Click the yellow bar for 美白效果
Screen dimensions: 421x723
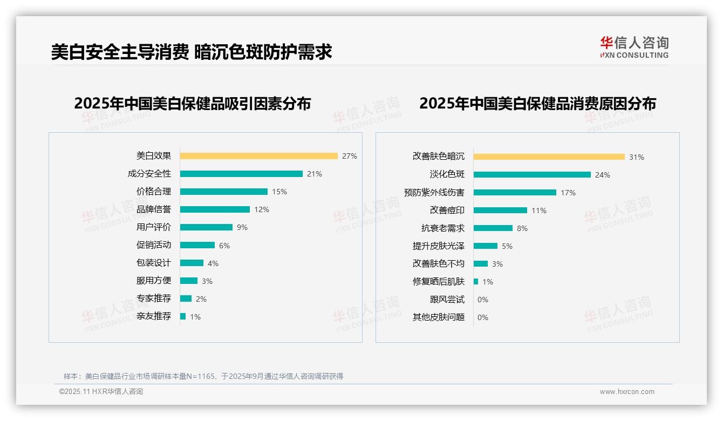tap(258, 156)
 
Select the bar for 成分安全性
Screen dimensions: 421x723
tap(241, 174)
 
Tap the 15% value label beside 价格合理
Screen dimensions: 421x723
tap(279, 192)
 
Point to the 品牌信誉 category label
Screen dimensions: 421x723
tap(153, 209)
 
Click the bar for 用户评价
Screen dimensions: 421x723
tap(206, 227)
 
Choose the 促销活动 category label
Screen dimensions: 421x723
tap(153, 245)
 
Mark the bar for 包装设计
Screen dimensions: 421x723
tap(192, 263)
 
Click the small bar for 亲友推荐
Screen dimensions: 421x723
tap(183, 316)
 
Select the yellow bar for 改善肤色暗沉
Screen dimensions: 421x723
tap(549, 157)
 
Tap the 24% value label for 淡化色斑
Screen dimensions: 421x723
tap(603, 175)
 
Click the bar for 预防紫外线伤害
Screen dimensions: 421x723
tap(515, 192)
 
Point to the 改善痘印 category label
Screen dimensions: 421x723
tap(447, 210)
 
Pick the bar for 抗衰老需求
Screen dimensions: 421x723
tap(493, 228)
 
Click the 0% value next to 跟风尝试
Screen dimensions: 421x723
tap(483, 300)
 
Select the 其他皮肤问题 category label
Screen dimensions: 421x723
tap(438, 317)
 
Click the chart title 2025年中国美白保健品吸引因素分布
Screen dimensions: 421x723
tap(192, 104)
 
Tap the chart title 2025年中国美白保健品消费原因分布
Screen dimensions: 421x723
tap(537, 104)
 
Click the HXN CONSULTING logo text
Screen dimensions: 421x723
tap(635, 55)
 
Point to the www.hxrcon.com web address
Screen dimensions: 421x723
tap(627, 392)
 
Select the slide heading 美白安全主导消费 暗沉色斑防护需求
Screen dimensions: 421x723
tap(192, 52)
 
